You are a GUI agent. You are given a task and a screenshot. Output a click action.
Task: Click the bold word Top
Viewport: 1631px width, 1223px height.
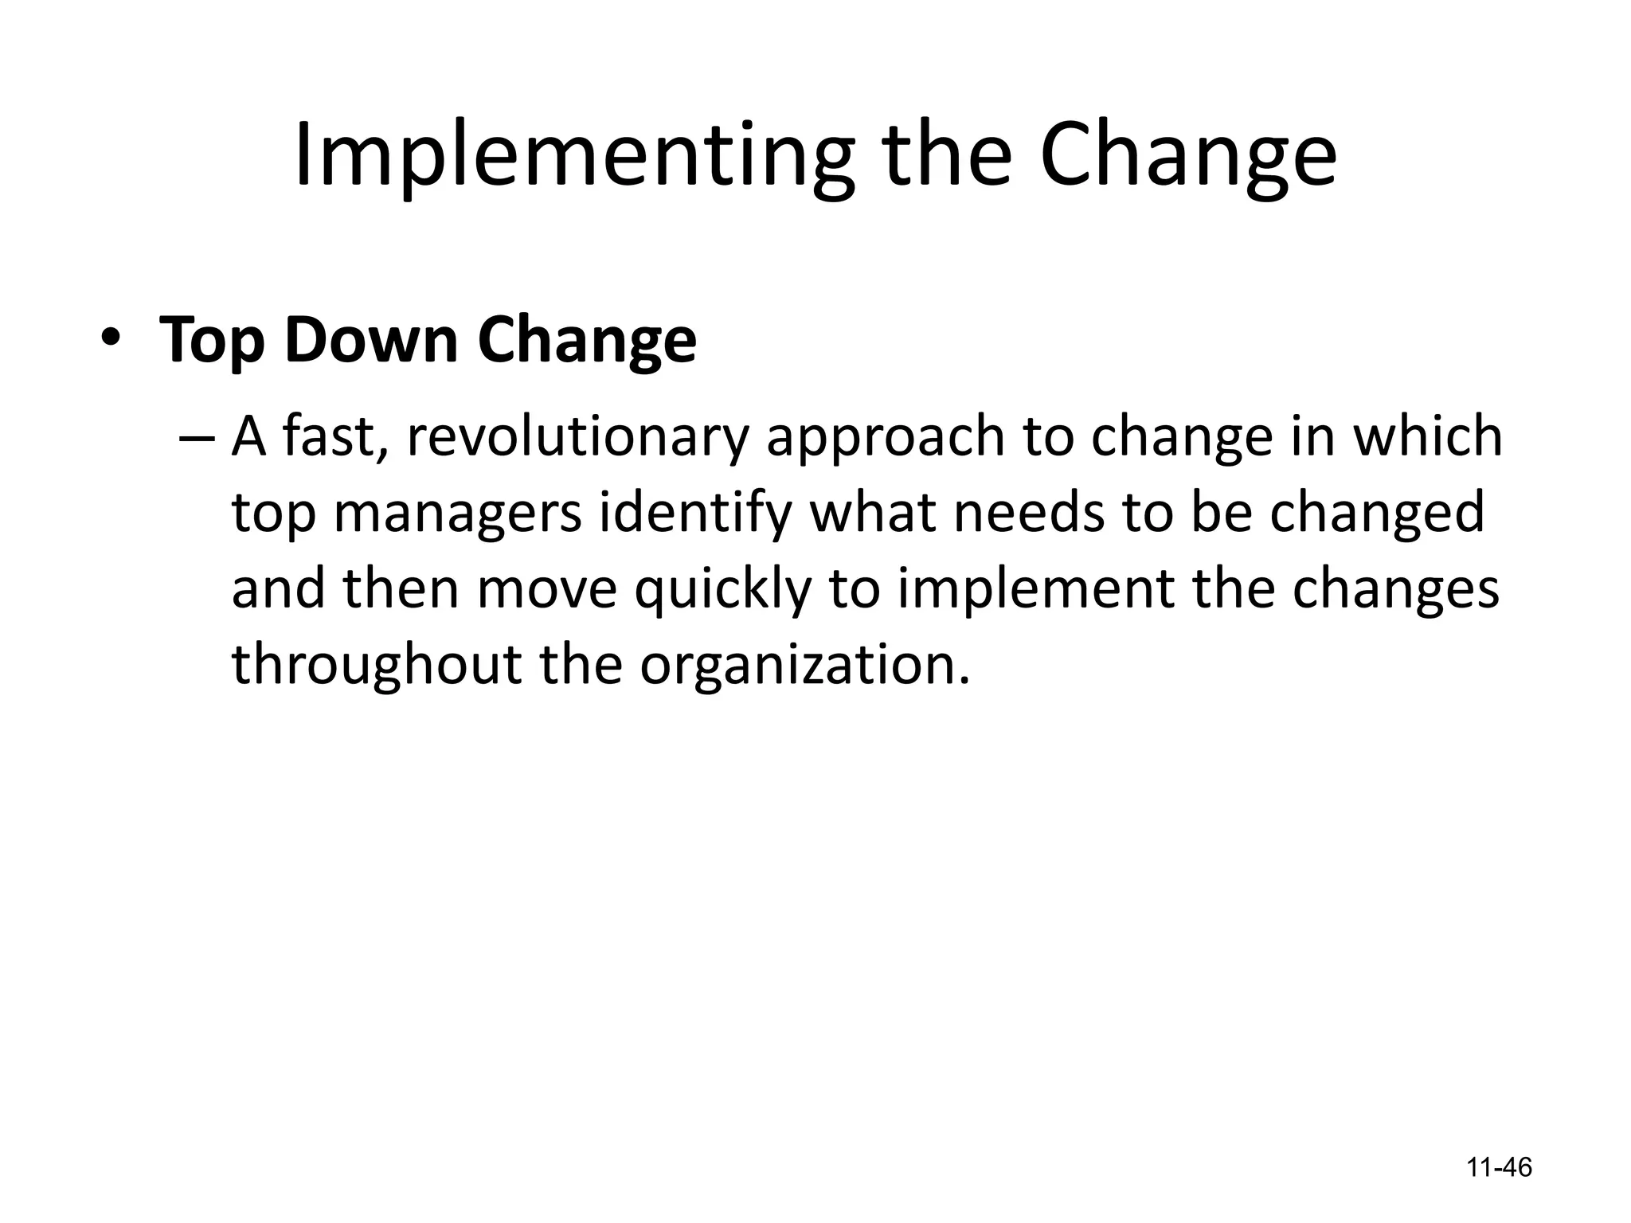click(211, 341)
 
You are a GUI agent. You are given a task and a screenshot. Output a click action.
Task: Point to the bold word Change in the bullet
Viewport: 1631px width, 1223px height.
click(587, 341)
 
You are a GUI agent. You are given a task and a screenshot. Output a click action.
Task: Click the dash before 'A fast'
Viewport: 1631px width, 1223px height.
click(198, 439)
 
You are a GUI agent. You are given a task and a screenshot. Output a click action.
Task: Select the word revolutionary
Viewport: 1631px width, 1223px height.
click(578, 437)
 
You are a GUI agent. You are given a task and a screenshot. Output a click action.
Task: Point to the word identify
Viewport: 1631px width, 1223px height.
click(695, 514)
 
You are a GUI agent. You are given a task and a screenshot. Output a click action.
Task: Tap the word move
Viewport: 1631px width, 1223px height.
click(547, 590)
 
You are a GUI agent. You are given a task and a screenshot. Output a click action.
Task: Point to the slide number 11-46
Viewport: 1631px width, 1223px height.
click(1499, 1167)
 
